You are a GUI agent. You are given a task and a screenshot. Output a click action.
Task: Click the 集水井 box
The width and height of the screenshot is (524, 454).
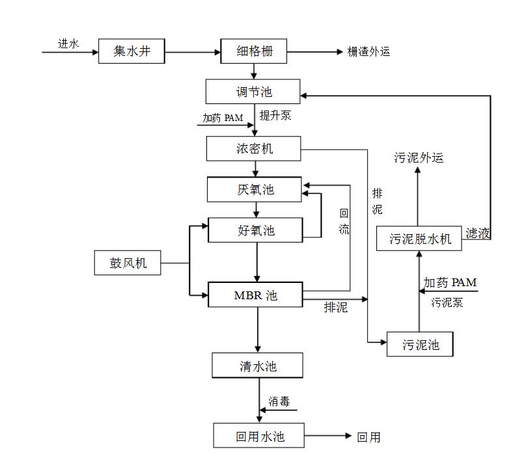pyautogui.click(x=131, y=51)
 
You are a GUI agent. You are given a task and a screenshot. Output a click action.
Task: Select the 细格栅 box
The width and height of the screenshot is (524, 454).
pyautogui.click(x=253, y=51)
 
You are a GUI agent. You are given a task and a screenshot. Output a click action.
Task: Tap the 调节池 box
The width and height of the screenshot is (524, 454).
pyautogui.click(x=253, y=92)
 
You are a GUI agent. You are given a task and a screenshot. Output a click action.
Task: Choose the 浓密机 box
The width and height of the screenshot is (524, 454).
pyautogui.click(x=253, y=149)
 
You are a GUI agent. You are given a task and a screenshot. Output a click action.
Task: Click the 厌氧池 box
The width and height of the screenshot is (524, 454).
pyautogui.click(x=255, y=189)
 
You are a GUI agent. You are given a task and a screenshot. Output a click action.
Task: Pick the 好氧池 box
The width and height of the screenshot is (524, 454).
pyautogui.click(x=255, y=230)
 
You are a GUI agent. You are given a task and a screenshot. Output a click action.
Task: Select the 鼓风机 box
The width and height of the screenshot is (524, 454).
pyautogui.click(x=128, y=263)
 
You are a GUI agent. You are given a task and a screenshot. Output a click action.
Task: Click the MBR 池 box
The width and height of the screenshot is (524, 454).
pyautogui.click(x=255, y=295)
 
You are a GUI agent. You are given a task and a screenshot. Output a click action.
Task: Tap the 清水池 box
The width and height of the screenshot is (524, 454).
pyautogui.click(x=257, y=366)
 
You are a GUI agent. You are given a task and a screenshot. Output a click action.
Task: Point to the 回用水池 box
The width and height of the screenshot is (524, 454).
pyautogui.click(x=258, y=436)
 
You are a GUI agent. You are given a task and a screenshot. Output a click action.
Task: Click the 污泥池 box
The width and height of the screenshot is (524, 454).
pyautogui.click(x=419, y=344)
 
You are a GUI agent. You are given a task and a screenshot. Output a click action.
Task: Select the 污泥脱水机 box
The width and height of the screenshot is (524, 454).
pyautogui.click(x=420, y=239)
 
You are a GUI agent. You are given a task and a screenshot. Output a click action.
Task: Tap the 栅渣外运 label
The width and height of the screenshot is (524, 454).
pyautogui.click(x=369, y=51)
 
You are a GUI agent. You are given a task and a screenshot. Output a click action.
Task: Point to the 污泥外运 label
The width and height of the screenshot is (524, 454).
pyautogui.click(x=419, y=157)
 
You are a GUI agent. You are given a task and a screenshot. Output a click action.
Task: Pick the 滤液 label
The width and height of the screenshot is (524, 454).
pyautogui.click(x=478, y=234)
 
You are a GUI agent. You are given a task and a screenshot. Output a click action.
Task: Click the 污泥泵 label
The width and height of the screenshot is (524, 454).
pyautogui.click(x=447, y=302)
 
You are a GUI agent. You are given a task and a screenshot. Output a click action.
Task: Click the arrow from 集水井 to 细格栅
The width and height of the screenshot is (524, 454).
pyautogui.click(x=193, y=51)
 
